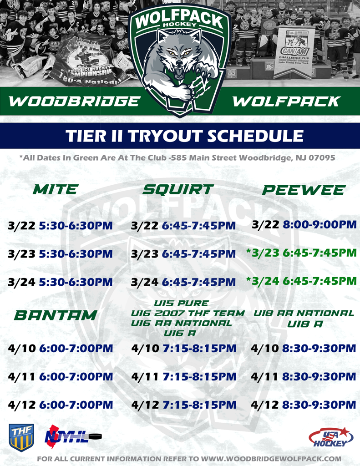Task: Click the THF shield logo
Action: (x=21, y=437)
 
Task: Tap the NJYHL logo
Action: (x=73, y=437)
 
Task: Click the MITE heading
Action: (x=56, y=189)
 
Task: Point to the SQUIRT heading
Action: (x=178, y=189)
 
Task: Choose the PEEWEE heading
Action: (x=303, y=190)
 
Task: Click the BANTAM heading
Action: (x=56, y=315)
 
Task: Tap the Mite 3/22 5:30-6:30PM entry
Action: (x=61, y=226)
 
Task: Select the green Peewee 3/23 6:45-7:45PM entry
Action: (x=301, y=253)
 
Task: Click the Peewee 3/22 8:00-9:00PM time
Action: (x=319, y=225)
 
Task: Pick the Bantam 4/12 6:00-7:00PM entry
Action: (x=61, y=405)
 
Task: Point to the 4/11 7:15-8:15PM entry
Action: (x=184, y=376)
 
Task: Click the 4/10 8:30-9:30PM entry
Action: (x=304, y=348)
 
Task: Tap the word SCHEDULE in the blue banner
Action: (x=255, y=136)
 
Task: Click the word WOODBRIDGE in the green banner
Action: (x=74, y=101)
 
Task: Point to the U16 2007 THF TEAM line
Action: (x=188, y=313)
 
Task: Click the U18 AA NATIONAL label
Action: (x=304, y=313)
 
